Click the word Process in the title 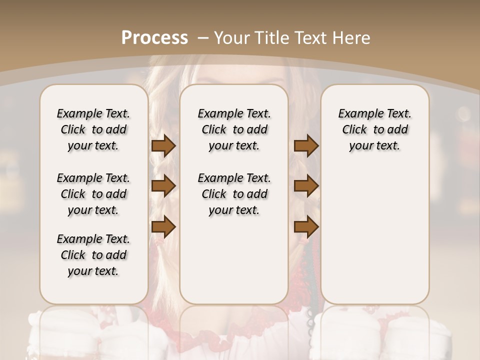[154, 38]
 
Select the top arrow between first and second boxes [163, 146]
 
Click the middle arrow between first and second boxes [163, 186]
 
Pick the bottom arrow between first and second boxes [163, 227]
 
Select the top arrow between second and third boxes [306, 146]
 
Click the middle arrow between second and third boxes [306, 186]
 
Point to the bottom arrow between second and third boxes [306, 227]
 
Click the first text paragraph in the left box [93, 129]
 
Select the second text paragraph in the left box [93, 194]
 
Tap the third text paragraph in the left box [93, 255]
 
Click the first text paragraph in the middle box [234, 129]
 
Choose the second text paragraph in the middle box [234, 194]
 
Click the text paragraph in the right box [374, 129]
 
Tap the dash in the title [203, 38]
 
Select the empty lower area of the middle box [234, 260]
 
